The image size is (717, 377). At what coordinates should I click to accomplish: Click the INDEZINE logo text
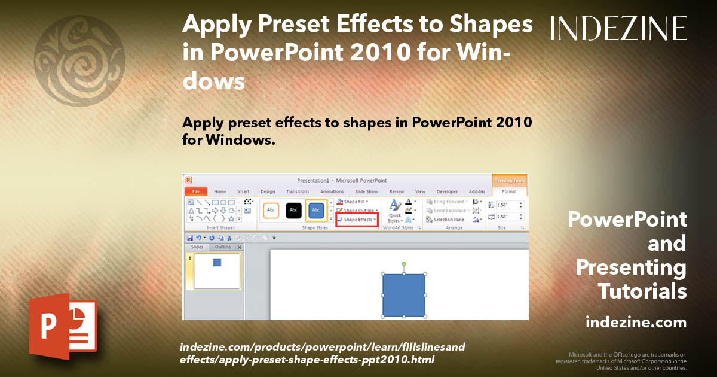point(618,28)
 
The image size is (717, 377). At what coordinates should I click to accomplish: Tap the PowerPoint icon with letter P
point(63,326)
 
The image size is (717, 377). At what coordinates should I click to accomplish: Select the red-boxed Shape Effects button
point(357,220)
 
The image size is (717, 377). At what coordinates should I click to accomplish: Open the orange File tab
point(195,191)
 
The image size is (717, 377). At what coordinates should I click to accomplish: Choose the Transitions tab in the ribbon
point(297,191)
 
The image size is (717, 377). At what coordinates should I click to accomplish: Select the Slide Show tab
point(366,191)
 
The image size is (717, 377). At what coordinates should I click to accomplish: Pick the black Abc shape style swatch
point(293,210)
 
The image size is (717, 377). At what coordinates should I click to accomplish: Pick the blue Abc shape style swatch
point(316,210)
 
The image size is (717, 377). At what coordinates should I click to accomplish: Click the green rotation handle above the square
point(404,264)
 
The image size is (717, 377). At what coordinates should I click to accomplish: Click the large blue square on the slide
point(404,295)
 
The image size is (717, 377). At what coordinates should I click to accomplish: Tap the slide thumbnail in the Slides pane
point(217,271)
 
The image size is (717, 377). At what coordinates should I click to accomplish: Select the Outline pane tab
point(223,247)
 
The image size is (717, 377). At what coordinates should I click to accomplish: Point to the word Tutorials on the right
point(642,291)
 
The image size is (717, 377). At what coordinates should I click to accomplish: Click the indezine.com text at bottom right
point(636,323)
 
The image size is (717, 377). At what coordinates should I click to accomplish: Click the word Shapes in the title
point(481,25)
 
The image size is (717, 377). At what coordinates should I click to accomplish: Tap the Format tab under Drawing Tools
point(509,191)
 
